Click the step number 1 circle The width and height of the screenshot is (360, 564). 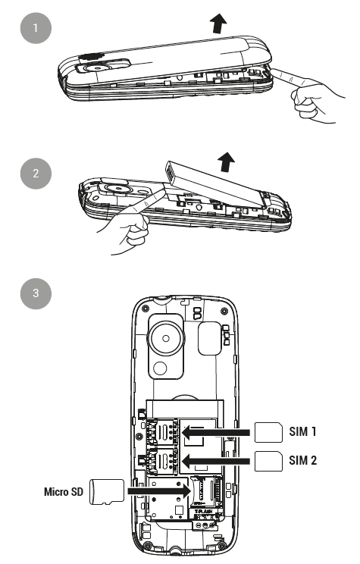point(36,28)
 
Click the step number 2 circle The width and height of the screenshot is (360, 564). point(36,174)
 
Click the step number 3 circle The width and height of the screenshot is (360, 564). point(36,293)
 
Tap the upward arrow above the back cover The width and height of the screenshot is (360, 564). point(218,23)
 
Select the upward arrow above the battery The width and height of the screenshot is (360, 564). point(227,162)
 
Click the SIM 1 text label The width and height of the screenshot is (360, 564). point(303,431)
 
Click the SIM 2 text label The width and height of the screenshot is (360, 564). point(303,460)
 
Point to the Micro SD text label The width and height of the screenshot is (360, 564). point(64,492)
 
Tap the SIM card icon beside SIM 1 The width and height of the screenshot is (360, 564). point(268,432)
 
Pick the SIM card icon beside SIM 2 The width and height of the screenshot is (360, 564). point(268,461)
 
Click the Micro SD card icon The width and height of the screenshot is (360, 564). point(106,491)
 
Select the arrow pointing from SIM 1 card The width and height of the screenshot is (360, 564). point(216,432)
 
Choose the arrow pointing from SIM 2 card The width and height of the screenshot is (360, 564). point(216,461)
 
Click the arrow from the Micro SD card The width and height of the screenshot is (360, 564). point(159,491)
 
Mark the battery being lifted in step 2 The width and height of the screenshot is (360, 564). point(216,184)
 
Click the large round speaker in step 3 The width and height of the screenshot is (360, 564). point(166,338)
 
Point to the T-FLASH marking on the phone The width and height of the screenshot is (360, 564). point(204,511)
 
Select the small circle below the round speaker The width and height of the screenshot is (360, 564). point(160,368)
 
